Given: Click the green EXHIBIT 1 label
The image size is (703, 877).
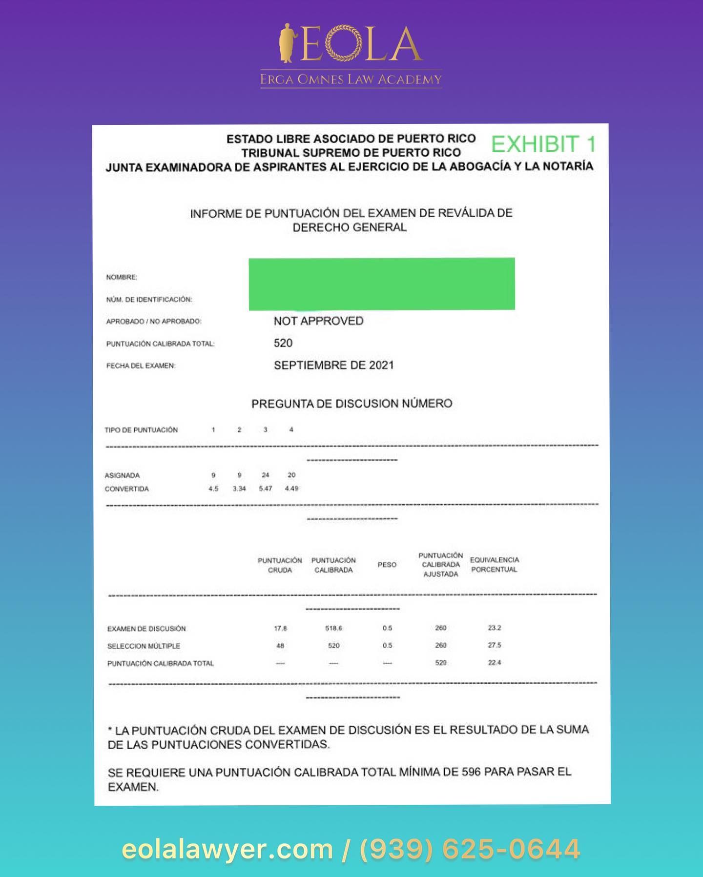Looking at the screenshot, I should point(543,144).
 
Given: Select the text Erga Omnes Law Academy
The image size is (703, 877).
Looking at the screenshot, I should point(351,79).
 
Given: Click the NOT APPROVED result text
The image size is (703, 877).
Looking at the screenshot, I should point(318,321).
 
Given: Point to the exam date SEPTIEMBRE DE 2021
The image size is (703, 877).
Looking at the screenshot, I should point(333,365).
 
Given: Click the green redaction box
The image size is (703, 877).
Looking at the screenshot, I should point(381,284).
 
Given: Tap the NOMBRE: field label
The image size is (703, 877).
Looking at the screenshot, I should point(122,277).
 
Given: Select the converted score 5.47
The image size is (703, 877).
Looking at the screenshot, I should point(265,488).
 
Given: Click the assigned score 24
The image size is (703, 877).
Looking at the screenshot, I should point(265,474).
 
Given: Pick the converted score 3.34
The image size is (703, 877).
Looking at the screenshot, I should point(239,488).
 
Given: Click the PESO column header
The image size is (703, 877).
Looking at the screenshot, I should point(387,565).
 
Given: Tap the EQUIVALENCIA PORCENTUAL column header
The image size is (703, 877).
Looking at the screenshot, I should point(494,565).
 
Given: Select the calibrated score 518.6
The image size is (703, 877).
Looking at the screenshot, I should point(333,628).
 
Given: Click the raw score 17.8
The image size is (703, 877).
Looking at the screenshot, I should point(280,628).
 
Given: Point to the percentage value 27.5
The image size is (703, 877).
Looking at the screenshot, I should point(494,645).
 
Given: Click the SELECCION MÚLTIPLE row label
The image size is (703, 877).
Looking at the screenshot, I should point(144,646).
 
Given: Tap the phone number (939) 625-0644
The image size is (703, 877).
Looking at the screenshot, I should point(470,849).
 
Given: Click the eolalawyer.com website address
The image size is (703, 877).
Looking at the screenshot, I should point(227,849).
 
